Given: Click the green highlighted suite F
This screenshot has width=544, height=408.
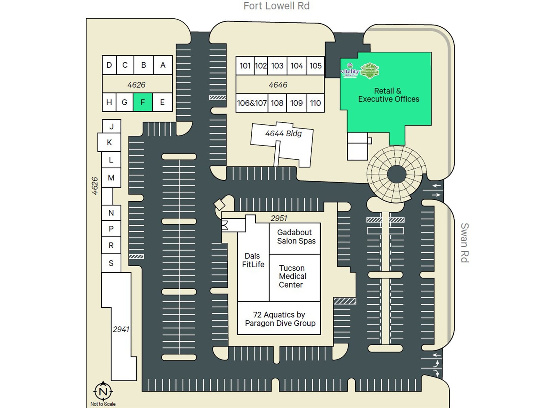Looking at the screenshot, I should click(142, 102).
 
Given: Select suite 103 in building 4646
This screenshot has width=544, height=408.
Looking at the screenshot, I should click(277, 66).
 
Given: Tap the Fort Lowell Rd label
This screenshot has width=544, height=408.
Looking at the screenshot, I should click(276, 6).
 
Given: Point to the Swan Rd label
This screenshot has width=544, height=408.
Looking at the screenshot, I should click(464, 243).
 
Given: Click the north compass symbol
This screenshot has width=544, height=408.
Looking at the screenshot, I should click(103, 391).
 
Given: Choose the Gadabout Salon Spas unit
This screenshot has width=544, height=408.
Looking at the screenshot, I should click(295, 237).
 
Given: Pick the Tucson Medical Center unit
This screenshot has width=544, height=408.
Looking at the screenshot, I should click(292, 276).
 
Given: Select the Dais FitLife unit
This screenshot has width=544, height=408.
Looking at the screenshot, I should click(253, 260).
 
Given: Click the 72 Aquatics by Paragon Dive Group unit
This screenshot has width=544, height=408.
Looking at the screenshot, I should click(279, 319).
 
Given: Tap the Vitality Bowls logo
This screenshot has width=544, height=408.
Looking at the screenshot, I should click(350, 70).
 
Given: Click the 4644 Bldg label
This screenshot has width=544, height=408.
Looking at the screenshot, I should click(283, 134).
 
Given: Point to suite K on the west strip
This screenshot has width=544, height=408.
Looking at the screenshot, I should click(109, 142).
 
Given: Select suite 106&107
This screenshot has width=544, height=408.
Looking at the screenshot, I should click(252, 103).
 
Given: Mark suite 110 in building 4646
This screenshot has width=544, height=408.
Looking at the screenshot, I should click(315, 103).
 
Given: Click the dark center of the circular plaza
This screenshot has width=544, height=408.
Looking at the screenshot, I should click(396, 174).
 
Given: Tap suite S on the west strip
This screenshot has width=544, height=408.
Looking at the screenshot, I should click(111, 263).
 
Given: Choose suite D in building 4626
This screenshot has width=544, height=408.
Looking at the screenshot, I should click(109, 65).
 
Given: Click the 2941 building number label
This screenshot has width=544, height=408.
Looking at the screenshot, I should click(121, 329).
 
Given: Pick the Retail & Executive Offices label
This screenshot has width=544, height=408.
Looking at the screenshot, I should click(388, 95).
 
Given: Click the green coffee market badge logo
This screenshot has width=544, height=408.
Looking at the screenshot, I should click(370, 71).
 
